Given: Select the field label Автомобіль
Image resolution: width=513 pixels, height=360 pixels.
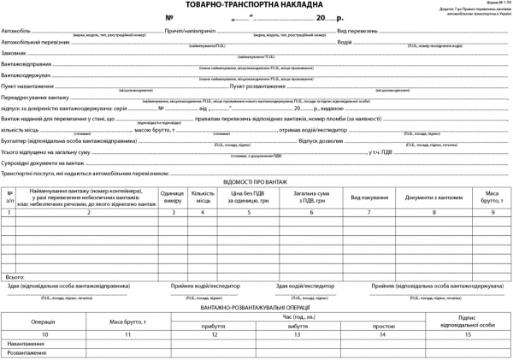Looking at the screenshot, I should pos(17,30).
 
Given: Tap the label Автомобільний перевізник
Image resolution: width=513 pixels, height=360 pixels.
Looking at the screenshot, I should pos(36,41).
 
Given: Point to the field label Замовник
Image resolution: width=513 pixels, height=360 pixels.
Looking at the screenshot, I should pos(15,53).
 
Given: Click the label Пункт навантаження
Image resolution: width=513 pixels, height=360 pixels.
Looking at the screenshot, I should pos(29,86).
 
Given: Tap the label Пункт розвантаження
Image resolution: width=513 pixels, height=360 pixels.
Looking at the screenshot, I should pos(260,86).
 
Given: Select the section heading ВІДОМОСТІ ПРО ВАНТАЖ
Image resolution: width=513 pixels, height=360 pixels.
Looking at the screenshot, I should pos(256,182).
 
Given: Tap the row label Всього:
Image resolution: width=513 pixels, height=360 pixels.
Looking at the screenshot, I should pos(15,277).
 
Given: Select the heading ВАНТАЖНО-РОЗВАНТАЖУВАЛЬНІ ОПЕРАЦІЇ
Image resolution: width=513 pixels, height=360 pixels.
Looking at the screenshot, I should pos(256,306).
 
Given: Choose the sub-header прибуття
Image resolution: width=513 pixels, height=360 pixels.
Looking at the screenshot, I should pos(213,326).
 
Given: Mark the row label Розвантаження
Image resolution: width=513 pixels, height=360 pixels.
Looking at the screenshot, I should pos(27,351).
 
